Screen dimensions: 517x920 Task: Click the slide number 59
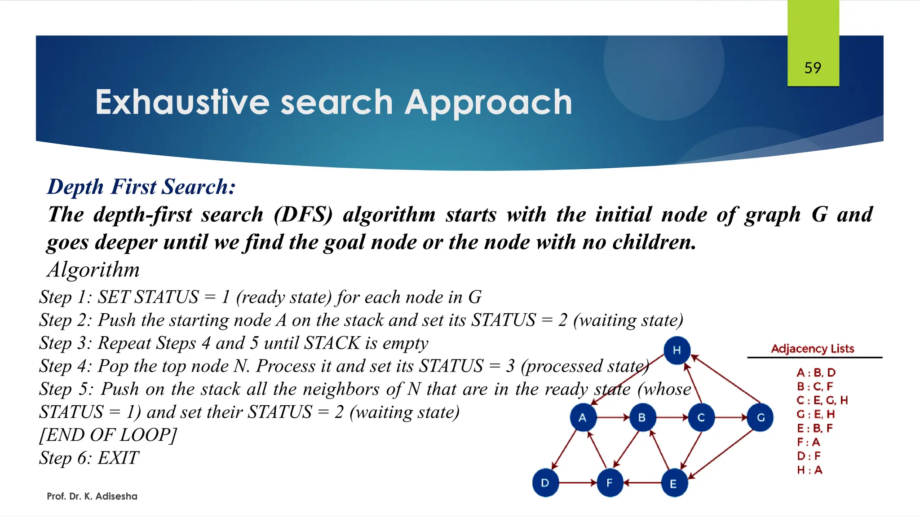[813, 68]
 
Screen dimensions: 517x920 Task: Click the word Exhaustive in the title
[182, 102]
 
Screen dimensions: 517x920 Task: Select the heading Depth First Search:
[142, 187]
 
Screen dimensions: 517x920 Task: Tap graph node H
[677, 350]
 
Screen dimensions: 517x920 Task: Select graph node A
[583, 417]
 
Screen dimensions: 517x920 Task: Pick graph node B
[642, 417]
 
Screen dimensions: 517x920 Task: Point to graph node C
[701, 417]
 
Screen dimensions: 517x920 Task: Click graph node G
[760, 417]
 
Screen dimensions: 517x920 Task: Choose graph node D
[545, 483]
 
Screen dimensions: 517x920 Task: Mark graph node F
[610, 483]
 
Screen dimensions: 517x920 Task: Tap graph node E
[674, 483]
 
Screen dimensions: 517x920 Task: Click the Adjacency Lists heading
[812, 349]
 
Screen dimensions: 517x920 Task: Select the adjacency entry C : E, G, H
[822, 400]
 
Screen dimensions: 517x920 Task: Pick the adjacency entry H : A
[809, 470]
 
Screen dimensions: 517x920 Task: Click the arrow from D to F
[577, 483]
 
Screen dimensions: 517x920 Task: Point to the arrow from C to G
[730, 417]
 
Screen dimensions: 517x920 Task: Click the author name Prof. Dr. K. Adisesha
[92, 496]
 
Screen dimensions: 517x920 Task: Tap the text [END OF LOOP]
[108, 435]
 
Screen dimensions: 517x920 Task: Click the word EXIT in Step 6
[119, 458]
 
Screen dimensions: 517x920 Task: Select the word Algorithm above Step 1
[93, 270]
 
